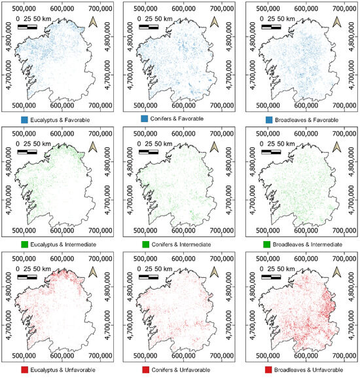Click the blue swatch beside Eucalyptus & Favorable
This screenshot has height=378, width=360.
25,120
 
